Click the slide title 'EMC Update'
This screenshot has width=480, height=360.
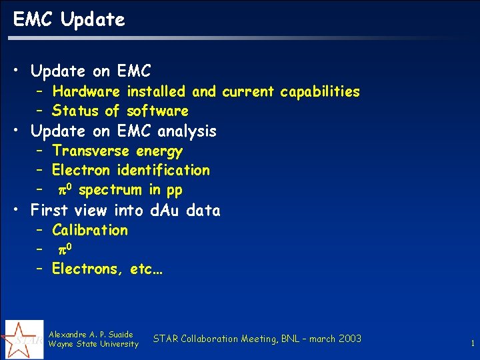point(69,20)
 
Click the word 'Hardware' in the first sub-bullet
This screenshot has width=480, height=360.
point(86,91)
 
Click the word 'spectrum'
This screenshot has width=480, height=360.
point(110,191)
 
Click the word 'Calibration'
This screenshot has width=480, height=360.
point(89,230)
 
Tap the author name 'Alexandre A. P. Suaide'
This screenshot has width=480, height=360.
point(91,334)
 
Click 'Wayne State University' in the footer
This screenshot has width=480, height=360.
point(93,344)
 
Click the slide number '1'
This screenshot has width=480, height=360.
point(472,344)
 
